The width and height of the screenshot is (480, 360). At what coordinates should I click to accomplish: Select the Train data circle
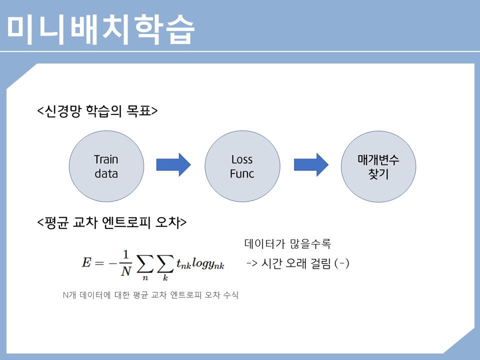106,167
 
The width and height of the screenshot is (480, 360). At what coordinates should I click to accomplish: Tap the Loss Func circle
242,167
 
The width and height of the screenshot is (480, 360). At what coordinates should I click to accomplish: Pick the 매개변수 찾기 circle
378,167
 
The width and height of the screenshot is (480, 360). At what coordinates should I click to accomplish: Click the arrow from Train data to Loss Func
173,164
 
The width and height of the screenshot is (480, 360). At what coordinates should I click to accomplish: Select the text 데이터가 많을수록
287,244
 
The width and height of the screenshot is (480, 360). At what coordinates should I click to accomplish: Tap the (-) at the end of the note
341,263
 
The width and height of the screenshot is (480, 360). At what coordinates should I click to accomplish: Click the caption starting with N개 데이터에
150,294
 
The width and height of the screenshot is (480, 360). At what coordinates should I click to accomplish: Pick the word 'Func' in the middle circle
242,174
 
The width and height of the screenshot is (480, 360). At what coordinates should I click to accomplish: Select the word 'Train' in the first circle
106,159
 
